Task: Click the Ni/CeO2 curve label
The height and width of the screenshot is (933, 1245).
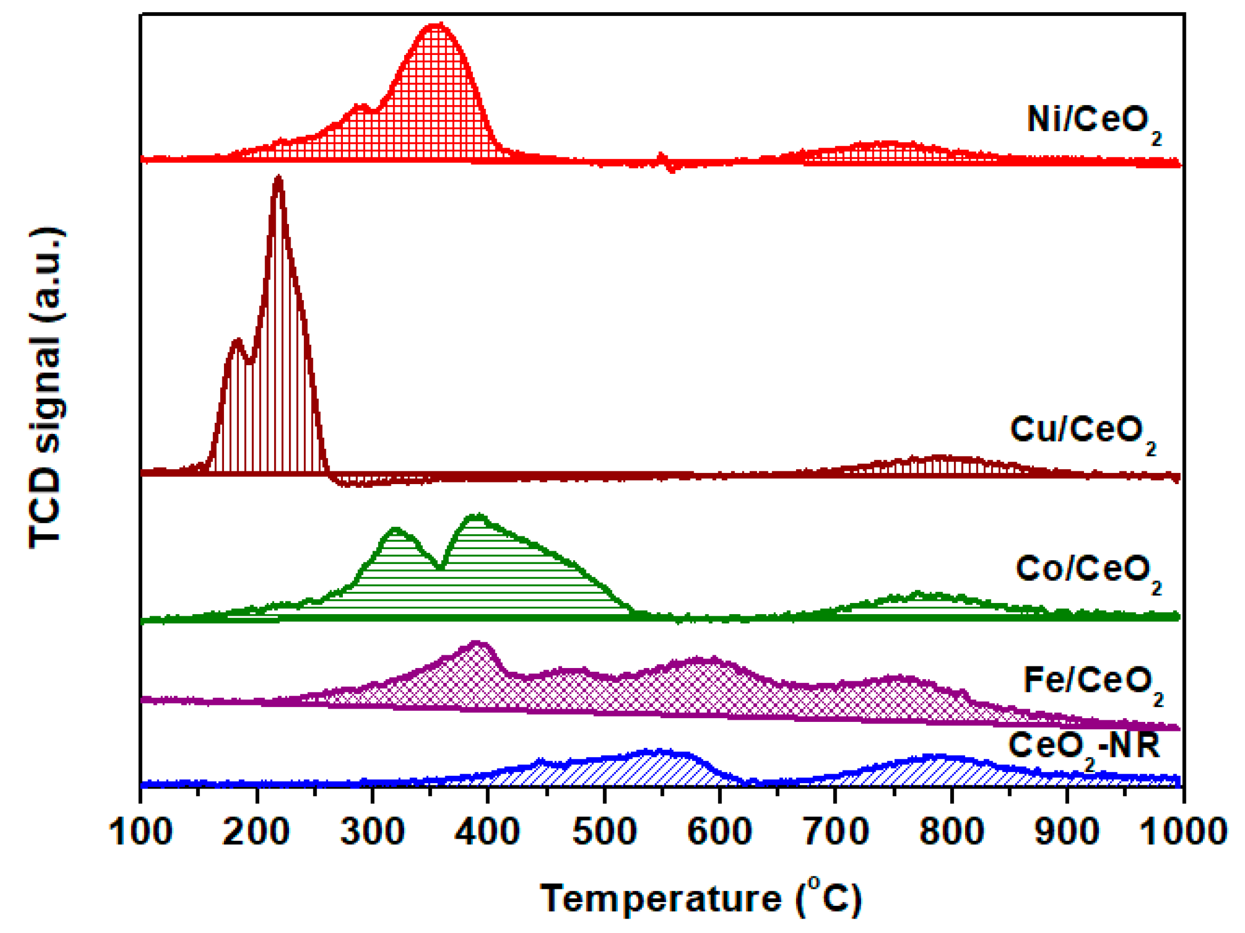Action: (x=1093, y=122)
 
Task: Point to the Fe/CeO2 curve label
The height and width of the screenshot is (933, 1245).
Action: (x=1092, y=682)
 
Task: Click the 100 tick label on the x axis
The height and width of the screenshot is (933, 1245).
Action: (x=140, y=832)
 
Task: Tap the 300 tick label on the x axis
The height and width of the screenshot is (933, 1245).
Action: (x=372, y=832)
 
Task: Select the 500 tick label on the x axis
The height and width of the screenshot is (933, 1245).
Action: (x=604, y=832)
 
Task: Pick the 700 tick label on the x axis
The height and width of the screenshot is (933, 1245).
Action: (x=836, y=832)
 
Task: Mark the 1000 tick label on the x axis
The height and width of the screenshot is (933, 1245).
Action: (x=1182, y=832)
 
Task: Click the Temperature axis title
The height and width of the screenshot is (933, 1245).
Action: (x=701, y=898)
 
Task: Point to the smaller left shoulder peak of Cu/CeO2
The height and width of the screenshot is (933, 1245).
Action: (x=237, y=341)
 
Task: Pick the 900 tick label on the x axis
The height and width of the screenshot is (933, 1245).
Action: (x=1066, y=832)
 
